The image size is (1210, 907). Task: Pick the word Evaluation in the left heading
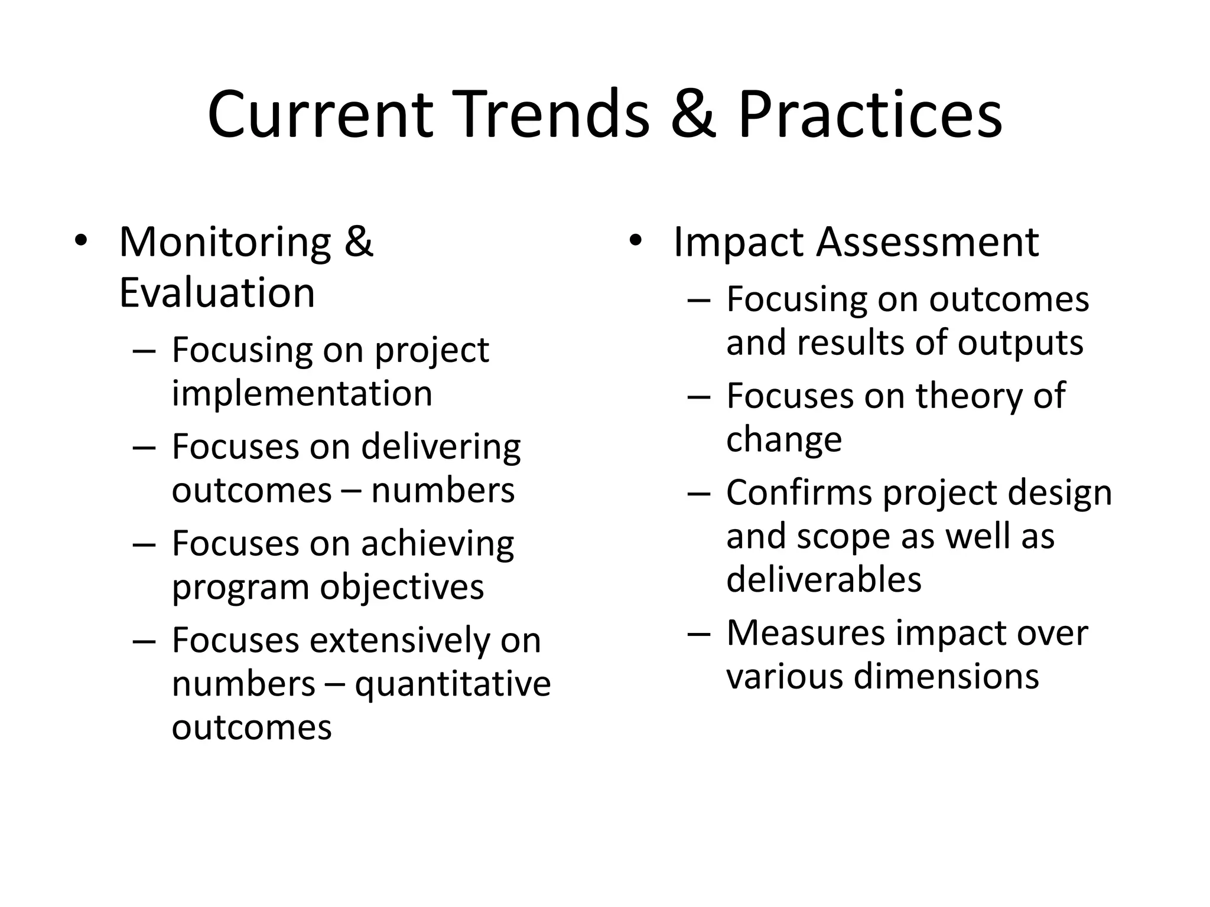[x=217, y=293]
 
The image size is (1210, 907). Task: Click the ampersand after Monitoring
[x=359, y=242]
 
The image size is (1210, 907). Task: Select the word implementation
[x=302, y=393]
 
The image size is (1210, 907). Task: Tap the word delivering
[x=441, y=447]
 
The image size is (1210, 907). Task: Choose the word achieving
[x=437, y=544]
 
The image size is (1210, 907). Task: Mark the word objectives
[x=402, y=588]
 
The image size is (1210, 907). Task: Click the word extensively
[x=399, y=641]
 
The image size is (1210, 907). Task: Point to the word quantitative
[x=453, y=684]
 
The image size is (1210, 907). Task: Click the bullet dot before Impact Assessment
[x=635, y=241]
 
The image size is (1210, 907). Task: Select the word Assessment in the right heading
[x=927, y=242]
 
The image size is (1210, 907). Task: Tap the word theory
[x=970, y=396]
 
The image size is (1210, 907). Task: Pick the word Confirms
[x=799, y=492]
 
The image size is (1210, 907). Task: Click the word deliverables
[x=824, y=579]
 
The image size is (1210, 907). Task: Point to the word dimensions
[x=946, y=676]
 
